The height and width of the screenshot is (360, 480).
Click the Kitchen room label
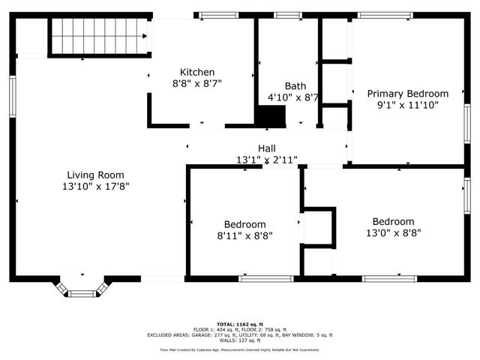(196, 72)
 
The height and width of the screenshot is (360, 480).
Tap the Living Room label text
(95, 174)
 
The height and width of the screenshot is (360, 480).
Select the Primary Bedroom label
(407, 94)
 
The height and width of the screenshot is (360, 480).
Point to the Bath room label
(295, 85)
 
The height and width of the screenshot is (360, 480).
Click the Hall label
(267, 148)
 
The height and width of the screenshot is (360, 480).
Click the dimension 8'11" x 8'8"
(244, 235)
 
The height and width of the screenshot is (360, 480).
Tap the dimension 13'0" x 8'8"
(393, 232)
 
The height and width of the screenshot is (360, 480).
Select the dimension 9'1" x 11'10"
(407, 106)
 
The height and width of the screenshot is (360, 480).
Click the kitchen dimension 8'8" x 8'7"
(196, 84)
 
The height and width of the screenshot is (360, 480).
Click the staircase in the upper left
(96, 37)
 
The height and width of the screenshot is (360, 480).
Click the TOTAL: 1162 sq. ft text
(239, 322)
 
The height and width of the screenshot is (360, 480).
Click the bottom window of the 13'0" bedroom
(389, 279)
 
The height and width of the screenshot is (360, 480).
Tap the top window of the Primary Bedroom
(385, 15)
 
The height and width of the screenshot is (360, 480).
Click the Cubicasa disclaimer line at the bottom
(239, 349)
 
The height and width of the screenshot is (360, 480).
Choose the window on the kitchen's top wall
(218, 15)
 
